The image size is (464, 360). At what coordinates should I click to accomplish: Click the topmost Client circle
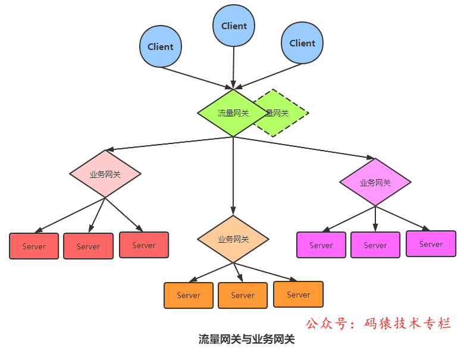coord(234,26)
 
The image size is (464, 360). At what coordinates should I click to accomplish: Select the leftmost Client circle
coord(161,46)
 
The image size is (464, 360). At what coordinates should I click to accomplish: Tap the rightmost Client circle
coord(302,43)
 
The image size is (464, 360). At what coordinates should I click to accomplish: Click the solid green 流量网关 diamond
coord(233,113)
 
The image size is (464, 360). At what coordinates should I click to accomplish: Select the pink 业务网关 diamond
coord(105,174)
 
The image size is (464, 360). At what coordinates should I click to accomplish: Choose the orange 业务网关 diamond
coord(233,239)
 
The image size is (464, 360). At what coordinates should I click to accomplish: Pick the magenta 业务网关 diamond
coord(375,183)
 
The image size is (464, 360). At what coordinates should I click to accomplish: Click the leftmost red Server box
coord(34,246)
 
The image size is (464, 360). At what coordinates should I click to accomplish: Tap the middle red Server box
coord(88,246)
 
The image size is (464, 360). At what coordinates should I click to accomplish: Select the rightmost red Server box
coord(144,245)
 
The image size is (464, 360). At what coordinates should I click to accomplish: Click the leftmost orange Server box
coord(189,295)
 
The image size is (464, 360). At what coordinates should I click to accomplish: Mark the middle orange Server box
coord(243,295)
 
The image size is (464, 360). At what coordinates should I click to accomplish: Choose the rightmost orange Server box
coord(299,295)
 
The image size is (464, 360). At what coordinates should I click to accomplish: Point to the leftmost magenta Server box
coord(321,245)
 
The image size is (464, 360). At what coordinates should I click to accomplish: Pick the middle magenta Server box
coord(375,245)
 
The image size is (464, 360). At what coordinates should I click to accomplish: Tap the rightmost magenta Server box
coord(431,244)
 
